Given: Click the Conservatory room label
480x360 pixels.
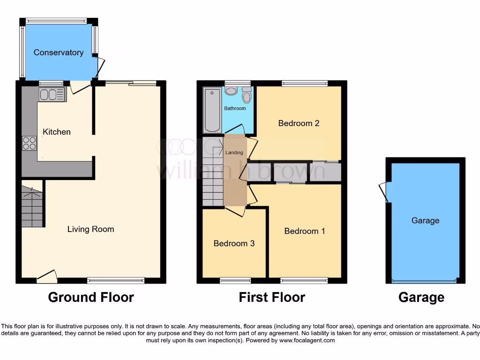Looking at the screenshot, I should point(59,52).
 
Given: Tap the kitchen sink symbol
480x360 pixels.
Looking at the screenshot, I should point(52,95).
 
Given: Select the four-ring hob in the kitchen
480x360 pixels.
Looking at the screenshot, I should point(29,142).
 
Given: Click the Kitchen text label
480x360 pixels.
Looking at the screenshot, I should point(57,132).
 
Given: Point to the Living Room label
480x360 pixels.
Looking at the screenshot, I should point(90,229).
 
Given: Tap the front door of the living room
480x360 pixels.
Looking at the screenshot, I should point(47,277).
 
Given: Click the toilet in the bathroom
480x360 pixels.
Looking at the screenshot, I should point(247,95).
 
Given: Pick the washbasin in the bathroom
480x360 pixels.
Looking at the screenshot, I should point(231,90).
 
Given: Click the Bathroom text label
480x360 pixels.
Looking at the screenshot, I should point(235,108).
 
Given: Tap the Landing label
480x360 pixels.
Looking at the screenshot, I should point(234,152).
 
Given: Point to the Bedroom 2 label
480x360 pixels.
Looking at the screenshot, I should point(299,123).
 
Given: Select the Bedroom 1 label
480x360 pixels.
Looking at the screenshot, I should point(304,231).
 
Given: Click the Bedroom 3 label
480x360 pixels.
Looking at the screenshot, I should point(234,243).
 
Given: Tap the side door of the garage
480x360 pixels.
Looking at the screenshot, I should point(384,192).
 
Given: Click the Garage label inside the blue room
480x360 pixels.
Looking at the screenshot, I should point(425,220).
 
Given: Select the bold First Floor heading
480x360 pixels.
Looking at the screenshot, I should point(272,297).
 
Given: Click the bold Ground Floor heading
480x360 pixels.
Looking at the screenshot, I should point(91,297).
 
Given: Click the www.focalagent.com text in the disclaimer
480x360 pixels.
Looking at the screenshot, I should point(307,340).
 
